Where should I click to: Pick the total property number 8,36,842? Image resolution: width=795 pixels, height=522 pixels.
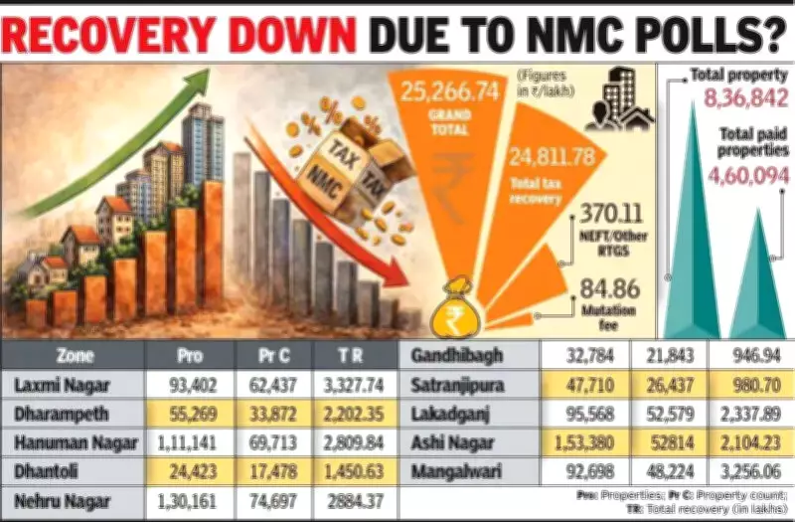pyautogui.click(x=742, y=97)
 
